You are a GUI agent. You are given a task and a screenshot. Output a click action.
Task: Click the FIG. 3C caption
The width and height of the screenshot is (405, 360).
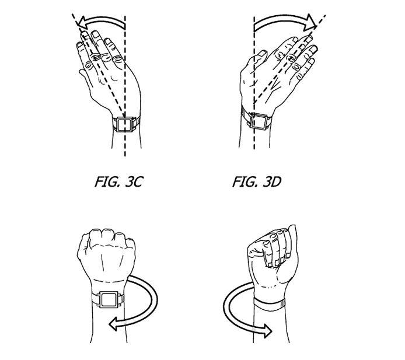(119, 181)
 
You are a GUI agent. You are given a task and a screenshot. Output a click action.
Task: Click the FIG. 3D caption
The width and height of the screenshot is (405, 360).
(257, 181)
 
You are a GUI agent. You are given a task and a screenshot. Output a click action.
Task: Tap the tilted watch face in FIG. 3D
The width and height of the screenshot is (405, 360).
(259, 121)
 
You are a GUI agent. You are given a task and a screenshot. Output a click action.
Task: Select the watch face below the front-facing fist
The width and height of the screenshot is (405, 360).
(109, 300)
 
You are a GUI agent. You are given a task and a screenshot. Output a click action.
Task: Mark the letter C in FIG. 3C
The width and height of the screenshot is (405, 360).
(138, 182)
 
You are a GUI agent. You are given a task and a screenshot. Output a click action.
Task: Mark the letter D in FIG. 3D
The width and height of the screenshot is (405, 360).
(275, 182)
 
